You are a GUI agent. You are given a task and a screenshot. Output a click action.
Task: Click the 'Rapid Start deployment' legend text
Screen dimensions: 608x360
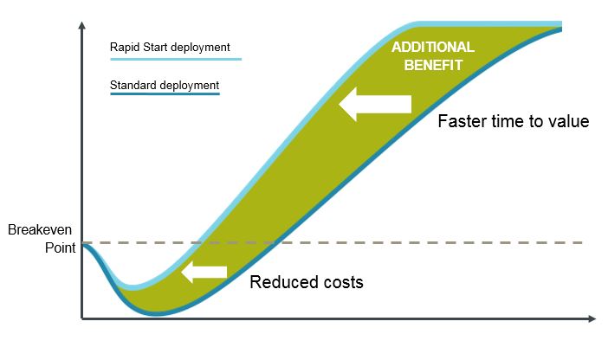(170, 48)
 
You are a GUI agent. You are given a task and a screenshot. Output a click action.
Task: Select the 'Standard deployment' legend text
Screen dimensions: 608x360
(165, 86)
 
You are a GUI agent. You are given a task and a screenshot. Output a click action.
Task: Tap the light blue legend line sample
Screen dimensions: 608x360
(176, 60)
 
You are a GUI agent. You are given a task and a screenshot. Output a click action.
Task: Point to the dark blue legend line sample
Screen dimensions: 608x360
(165, 93)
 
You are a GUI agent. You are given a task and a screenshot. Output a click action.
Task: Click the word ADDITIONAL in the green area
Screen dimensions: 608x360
(433, 48)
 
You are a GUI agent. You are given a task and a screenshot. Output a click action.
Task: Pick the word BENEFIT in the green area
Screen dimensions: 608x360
(434, 65)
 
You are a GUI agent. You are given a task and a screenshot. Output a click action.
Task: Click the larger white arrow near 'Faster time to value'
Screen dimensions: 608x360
(375, 104)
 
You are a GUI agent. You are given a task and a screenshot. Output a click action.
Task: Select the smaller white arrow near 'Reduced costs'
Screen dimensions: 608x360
(204, 272)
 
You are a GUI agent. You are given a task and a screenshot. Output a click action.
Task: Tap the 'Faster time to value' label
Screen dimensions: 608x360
(514, 121)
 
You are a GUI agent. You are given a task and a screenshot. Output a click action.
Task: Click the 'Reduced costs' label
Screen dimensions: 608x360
(307, 282)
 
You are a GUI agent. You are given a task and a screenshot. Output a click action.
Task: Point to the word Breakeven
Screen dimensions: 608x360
(40, 230)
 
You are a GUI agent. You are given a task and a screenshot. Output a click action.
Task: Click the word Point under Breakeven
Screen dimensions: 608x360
(60, 247)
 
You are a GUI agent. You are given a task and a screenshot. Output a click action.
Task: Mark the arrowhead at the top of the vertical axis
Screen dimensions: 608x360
(81, 25)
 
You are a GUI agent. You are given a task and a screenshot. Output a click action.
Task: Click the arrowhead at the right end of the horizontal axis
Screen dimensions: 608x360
(592, 318)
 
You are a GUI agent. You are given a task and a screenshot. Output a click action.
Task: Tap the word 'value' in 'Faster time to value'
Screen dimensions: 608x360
(569, 121)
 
